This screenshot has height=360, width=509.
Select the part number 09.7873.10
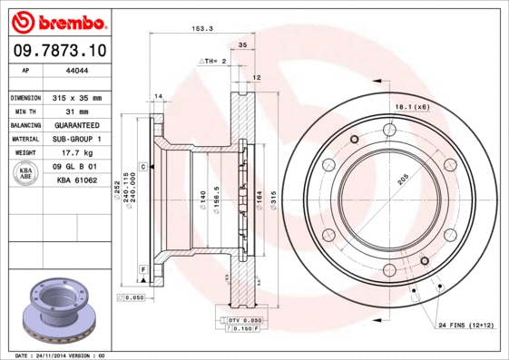pyautogui.click(x=56, y=49)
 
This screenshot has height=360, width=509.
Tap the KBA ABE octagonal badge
pyautogui.click(x=26, y=174)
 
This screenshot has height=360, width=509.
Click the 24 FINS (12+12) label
pyautogui.click(x=465, y=324)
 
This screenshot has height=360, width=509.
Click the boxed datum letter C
pyautogui.click(x=142, y=167)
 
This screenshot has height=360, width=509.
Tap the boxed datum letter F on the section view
pyautogui.click(x=142, y=269)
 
